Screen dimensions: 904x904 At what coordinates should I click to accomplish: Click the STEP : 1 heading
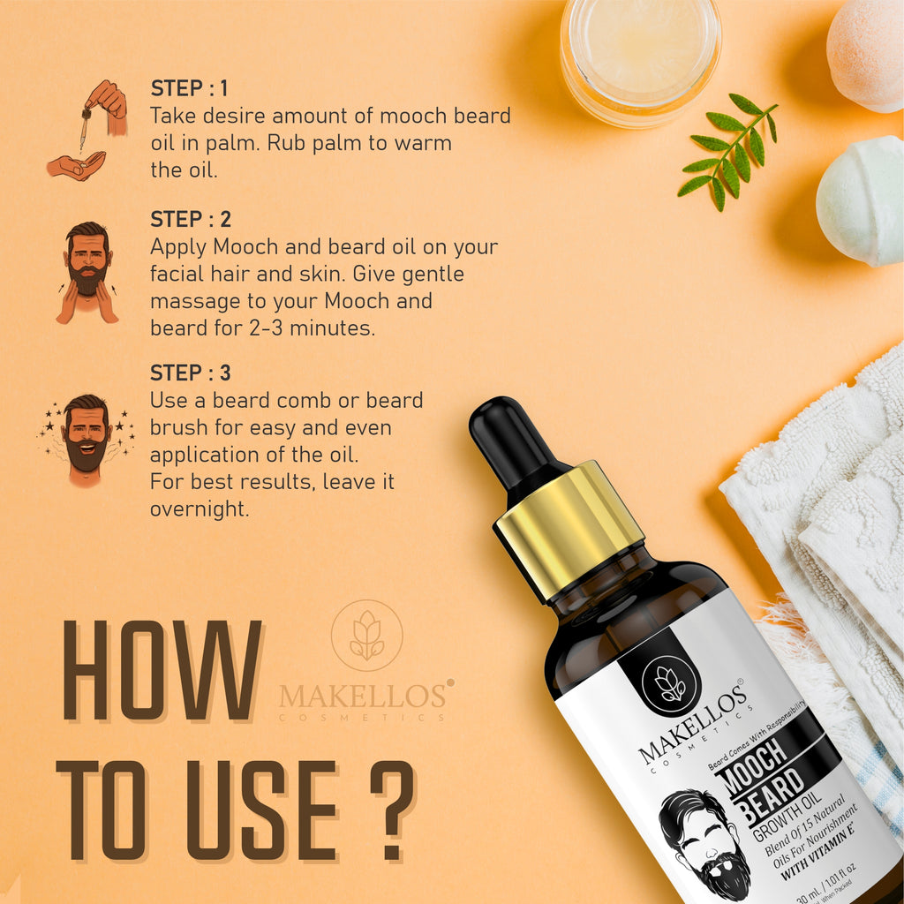click(189, 88)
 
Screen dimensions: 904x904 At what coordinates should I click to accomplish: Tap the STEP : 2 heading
click(189, 219)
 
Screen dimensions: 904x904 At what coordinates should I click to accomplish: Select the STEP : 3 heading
click(190, 373)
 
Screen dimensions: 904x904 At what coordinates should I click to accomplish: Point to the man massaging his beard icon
click(87, 271)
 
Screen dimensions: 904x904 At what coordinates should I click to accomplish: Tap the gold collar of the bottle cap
click(569, 529)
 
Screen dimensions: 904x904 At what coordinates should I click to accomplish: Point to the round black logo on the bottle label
click(670, 684)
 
